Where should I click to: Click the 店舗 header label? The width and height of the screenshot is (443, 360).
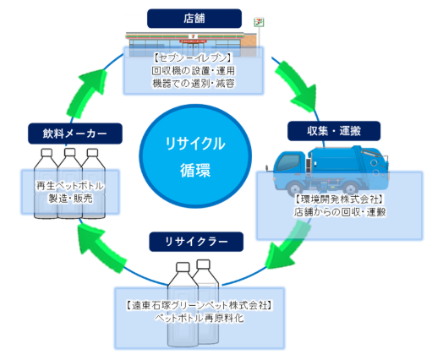coord(194,19)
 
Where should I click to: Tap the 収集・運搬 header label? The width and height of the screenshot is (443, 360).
coord(334,131)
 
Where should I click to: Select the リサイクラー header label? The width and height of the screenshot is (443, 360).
coord(196,242)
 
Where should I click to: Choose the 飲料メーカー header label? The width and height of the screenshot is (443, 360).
coord(75,134)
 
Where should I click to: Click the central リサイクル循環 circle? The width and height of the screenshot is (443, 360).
coord(195,156)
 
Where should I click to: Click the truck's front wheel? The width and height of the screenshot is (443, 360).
coord(294,188)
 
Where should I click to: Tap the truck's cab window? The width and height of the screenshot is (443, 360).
coord(287,162)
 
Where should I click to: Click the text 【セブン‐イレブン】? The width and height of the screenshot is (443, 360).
coord(194,57)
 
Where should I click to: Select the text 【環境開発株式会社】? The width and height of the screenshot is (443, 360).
coord(339,199)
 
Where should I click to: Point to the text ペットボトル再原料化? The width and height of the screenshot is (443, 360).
coord(200,319)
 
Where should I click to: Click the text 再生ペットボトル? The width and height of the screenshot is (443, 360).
coord(70,186)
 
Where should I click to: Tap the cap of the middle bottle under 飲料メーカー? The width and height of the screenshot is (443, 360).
coord(70,152)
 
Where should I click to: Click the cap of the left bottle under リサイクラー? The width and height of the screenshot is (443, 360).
coord(183,267)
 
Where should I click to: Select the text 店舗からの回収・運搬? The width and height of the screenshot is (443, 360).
coord(340,212)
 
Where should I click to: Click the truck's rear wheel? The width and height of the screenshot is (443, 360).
coord(350,188)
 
